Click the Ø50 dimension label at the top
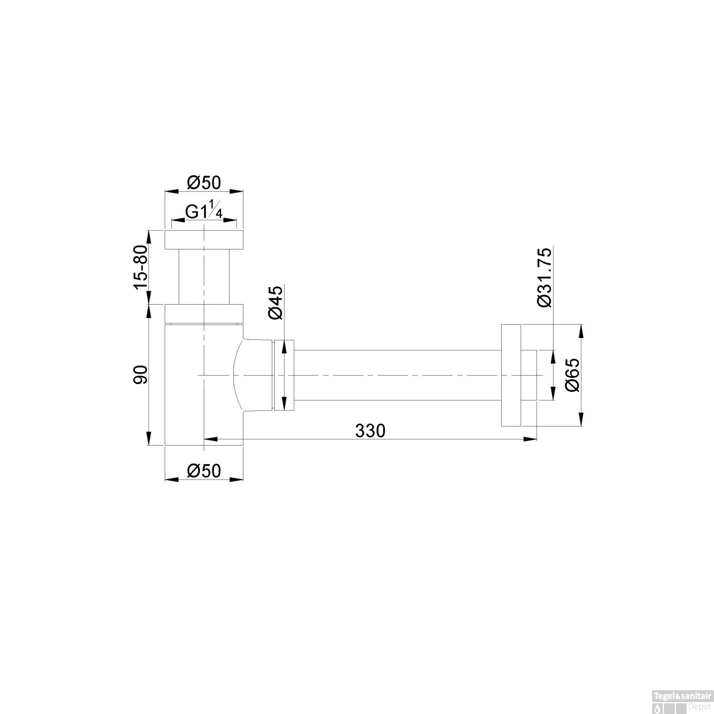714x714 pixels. pyautogui.click(x=204, y=182)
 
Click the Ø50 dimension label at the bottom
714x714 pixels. pyautogui.click(x=204, y=471)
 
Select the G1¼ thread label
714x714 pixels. pyautogui.click(x=204, y=211)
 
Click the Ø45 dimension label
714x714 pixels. pyautogui.click(x=276, y=302)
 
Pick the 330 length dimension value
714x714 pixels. pyautogui.click(x=370, y=431)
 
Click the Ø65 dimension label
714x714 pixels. pyautogui.click(x=572, y=375)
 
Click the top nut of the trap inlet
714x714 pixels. pyautogui.click(x=204, y=240)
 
